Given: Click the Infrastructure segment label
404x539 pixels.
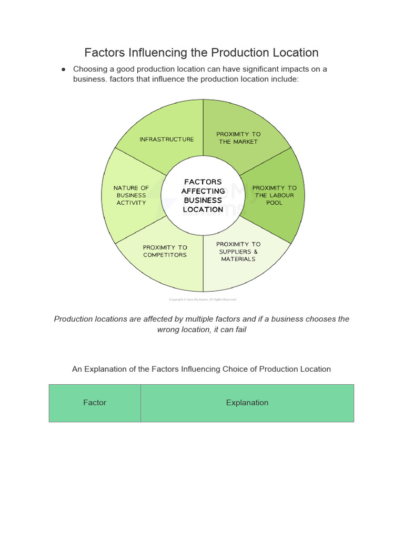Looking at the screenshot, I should point(166,139).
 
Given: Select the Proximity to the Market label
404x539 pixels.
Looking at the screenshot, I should point(238,138).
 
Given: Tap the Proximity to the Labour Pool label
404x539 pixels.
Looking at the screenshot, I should point(274,195).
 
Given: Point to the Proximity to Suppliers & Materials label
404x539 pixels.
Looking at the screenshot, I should point(238,252).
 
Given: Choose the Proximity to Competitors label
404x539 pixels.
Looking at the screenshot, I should point(165,251).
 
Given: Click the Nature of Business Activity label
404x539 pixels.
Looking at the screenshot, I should point(131,195).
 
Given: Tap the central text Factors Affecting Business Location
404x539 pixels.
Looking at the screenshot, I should point(203,195).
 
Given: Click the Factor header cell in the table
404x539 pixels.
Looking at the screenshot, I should point(95,403).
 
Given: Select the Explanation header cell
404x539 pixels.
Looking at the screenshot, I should point(247,403).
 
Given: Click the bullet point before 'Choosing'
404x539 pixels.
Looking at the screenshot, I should point(63,69).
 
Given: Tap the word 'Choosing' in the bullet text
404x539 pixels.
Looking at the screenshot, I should point(91,69).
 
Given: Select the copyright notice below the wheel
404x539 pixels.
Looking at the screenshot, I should point(203,300).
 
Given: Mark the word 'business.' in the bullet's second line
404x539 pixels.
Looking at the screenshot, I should point(90,79).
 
